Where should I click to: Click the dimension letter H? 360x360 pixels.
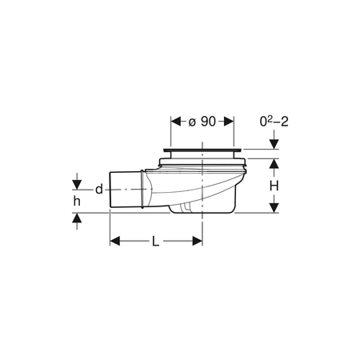pos(274,186)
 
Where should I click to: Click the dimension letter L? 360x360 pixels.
pos(155,242)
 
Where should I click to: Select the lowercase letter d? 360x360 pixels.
pos(99,190)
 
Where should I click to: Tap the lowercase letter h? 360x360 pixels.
pos(77,201)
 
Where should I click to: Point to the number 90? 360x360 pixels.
pos(208,122)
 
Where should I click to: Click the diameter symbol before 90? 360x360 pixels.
pos(192,122)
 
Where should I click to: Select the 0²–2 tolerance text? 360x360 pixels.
pos(274,122)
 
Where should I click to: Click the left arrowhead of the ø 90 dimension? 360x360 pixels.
pos(176,122)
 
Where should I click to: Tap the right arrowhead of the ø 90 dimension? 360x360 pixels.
pos(229,122)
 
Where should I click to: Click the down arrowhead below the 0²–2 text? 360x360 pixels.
pos(274,144)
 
